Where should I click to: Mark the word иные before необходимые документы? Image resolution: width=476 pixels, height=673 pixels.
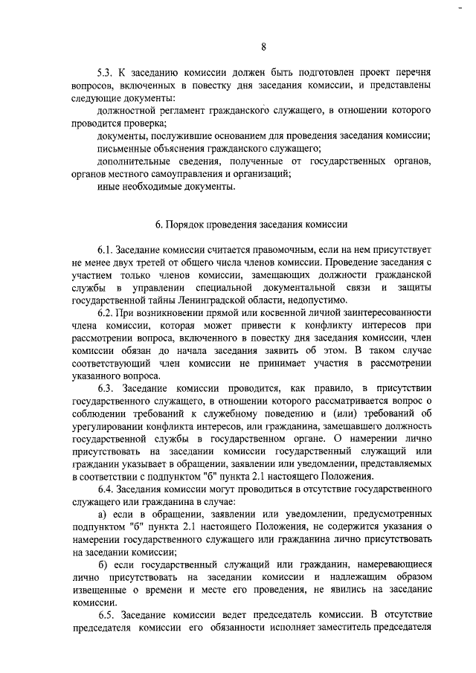coord(109,187)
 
